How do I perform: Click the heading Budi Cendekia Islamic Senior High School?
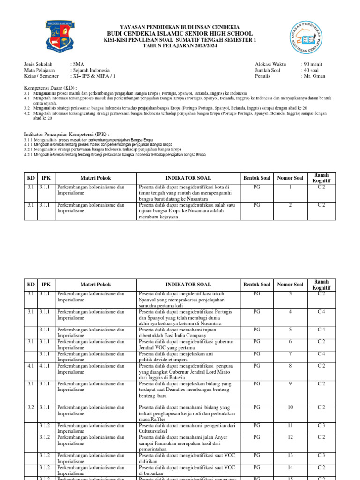(180, 34)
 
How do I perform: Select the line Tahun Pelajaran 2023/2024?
(180, 46)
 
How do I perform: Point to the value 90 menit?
(313, 64)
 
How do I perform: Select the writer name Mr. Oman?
(313, 76)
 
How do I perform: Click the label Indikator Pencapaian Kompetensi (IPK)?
(67, 135)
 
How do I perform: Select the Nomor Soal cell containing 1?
(290, 187)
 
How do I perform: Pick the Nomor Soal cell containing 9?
(290, 384)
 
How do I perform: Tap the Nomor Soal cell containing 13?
(290, 455)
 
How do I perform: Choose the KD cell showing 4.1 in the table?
(30, 366)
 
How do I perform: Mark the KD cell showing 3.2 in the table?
(30, 408)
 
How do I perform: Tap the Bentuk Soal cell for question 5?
(257, 330)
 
